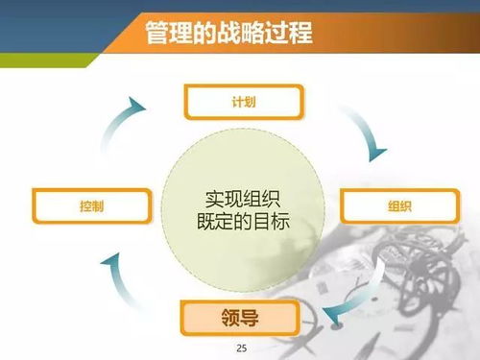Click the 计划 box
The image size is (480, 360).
click(x=242, y=100)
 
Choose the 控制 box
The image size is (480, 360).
click(x=92, y=205)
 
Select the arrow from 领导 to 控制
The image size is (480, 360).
click(x=121, y=277)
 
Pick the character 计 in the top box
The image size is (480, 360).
click(x=236, y=100)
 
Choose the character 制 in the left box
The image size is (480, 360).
click(x=98, y=205)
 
